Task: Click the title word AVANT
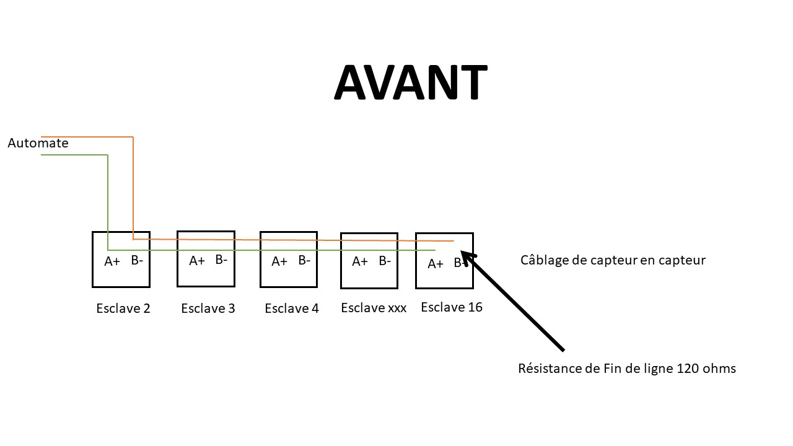pos(410,82)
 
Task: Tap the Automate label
pos(38,143)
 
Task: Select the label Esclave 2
pos(123,308)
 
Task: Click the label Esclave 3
pos(208,308)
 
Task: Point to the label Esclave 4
pos(292,308)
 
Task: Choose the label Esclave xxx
pos(374,308)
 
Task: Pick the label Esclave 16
pos(452,307)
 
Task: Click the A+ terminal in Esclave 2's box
pos(112,261)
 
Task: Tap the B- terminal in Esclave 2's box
pos(137,260)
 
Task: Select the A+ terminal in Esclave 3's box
pos(197,261)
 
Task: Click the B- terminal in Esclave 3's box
pos(221,260)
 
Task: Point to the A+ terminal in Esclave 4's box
pos(279,261)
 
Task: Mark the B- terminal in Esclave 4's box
pos(304,260)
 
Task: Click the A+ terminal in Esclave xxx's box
pos(360,261)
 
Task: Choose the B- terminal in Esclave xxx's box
pos(385,261)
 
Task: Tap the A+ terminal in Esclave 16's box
pos(436,264)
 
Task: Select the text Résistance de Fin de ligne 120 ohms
pos(627,369)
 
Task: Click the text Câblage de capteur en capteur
pos(613,260)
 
